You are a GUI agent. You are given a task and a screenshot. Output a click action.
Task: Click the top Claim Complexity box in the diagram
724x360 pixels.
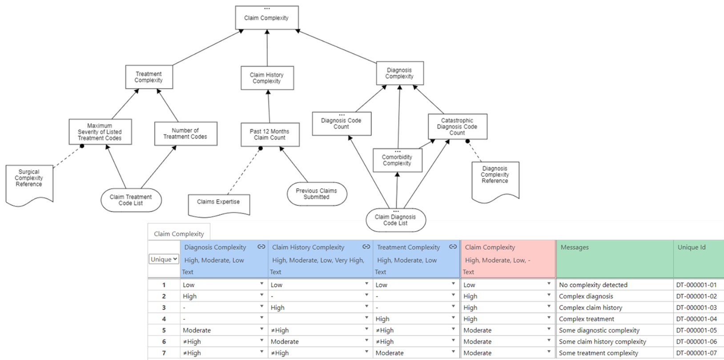click(267, 18)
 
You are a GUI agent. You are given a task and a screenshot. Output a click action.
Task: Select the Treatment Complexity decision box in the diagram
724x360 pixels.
click(149, 77)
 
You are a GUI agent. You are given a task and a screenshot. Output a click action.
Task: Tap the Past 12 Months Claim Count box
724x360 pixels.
click(270, 134)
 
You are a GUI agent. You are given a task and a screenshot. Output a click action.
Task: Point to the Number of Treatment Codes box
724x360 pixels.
click(186, 133)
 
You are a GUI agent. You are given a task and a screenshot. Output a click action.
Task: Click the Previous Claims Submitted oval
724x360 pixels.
click(317, 194)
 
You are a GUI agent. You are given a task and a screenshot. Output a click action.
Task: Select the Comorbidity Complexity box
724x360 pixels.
click(398, 160)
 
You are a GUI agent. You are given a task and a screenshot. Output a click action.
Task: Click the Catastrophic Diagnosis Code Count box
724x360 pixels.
click(458, 126)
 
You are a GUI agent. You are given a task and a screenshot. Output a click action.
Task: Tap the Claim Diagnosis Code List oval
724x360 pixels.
click(395, 220)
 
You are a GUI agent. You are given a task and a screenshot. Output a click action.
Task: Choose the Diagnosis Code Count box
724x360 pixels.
click(342, 124)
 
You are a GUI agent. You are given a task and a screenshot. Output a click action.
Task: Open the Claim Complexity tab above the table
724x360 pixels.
click(179, 234)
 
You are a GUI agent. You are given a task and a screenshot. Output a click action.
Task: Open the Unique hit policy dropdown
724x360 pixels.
click(164, 259)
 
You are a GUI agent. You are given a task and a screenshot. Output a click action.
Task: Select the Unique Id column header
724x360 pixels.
click(692, 247)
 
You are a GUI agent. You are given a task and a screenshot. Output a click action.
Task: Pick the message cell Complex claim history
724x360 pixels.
click(591, 307)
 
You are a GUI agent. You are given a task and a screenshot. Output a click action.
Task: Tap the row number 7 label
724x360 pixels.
click(164, 353)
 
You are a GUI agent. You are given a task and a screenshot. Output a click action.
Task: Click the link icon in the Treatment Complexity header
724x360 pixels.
click(453, 247)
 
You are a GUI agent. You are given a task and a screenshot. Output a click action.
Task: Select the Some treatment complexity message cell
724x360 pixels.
click(598, 353)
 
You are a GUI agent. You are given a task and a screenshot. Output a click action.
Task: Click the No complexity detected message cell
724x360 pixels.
click(593, 285)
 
